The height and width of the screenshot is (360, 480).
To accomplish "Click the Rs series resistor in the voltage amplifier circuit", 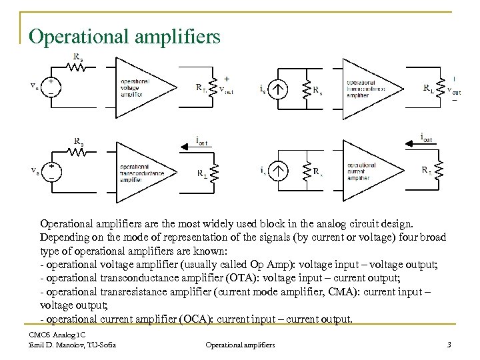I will pos(78,67).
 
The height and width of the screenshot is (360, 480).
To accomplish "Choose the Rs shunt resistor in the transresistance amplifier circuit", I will pos(307,89).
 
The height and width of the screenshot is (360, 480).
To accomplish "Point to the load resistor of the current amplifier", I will pos(439,172).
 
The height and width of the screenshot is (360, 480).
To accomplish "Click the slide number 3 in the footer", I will pos(448,344).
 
